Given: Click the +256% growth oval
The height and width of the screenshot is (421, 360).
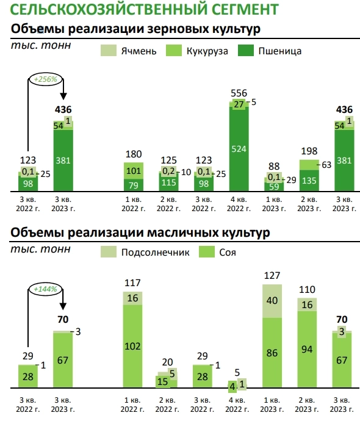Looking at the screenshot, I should (45, 79).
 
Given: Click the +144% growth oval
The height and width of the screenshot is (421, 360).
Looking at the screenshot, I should (45, 289).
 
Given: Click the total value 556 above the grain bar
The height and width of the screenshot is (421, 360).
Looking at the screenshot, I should (239, 93).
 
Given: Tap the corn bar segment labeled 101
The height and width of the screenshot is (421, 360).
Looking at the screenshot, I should (134, 170).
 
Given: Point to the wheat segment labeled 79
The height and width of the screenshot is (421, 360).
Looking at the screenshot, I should (134, 185).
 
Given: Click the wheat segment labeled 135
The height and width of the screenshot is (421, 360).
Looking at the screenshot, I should (309, 181).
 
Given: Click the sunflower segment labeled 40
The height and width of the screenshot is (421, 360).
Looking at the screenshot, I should (274, 300).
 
